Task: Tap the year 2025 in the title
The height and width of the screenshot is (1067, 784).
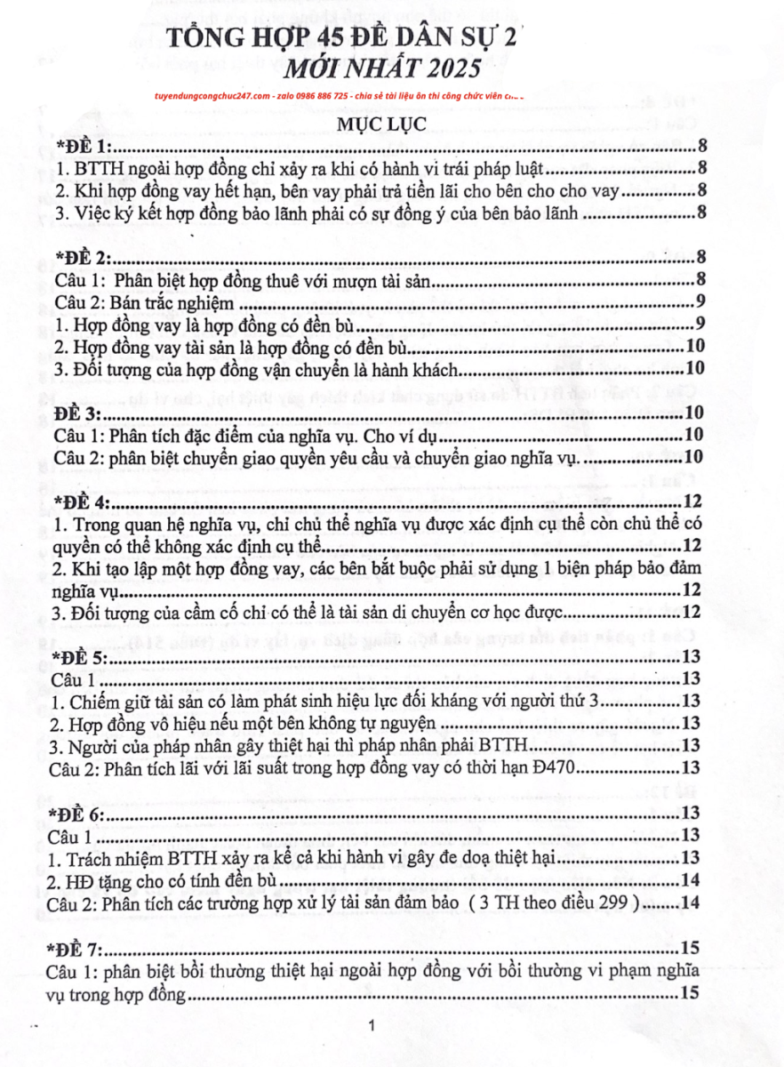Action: pos(446,68)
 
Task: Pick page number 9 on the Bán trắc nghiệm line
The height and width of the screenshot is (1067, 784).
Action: pos(701,302)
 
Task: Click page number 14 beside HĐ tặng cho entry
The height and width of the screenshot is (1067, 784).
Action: pos(692,880)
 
